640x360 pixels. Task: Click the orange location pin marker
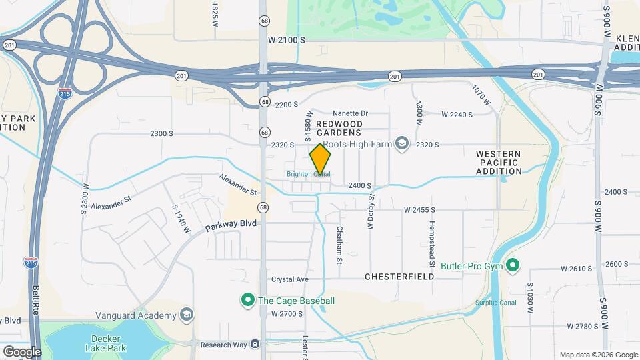point(320,160)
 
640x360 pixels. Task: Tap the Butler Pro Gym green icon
point(513,266)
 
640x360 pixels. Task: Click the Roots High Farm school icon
point(401,144)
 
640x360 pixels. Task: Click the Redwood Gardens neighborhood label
point(339,128)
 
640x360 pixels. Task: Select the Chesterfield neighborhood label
point(399,276)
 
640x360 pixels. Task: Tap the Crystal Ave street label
point(290,279)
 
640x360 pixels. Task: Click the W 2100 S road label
point(287,40)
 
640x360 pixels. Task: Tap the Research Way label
point(221,345)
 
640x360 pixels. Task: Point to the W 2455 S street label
point(419,210)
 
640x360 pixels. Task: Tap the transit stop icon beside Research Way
point(255,345)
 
